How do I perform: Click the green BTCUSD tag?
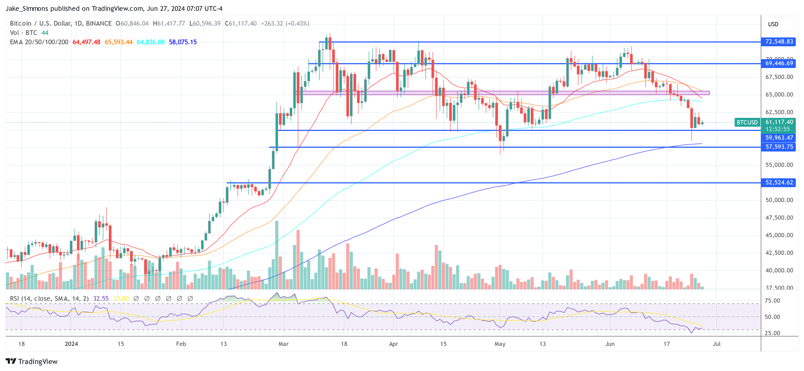click(747, 122)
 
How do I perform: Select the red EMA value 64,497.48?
click(86, 42)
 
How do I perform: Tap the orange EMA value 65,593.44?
click(118, 42)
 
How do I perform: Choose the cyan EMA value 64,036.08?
click(150, 42)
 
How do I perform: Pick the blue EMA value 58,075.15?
click(183, 42)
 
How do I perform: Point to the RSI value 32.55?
click(101, 299)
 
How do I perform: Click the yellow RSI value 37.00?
click(121, 299)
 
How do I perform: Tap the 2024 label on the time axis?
click(71, 344)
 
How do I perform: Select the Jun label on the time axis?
click(610, 344)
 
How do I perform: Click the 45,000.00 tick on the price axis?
click(779, 235)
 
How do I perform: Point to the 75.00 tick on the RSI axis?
click(772, 301)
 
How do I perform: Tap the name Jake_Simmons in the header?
click(27, 8)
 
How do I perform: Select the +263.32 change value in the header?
click(271, 24)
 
